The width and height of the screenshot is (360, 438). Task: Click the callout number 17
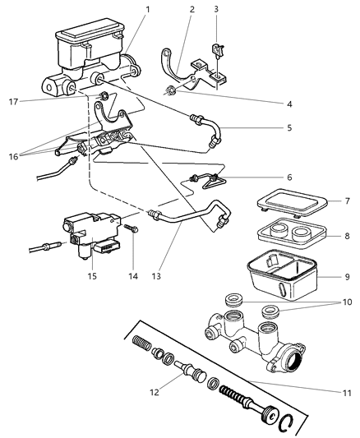click(x=13, y=102)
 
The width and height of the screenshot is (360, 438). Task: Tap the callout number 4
click(x=289, y=104)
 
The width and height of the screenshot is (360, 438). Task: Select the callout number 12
click(x=155, y=392)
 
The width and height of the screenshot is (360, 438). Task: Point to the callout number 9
click(x=347, y=277)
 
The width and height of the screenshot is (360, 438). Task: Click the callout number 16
click(x=13, y=157)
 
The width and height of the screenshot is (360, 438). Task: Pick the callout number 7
click(x=347, y=201)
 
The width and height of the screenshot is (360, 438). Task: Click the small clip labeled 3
click(x=218, y=50)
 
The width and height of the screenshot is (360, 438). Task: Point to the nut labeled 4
click(x=169, y=90)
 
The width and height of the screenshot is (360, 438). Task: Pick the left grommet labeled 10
click(x=233, y=299)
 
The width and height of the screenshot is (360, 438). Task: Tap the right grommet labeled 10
click(x=270, y=311)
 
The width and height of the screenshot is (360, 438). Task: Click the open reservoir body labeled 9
click(x=282, y=275)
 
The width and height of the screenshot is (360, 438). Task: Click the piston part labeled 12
click(x=190, y=370)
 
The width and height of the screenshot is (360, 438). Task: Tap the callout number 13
click(x=156, y=276)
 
